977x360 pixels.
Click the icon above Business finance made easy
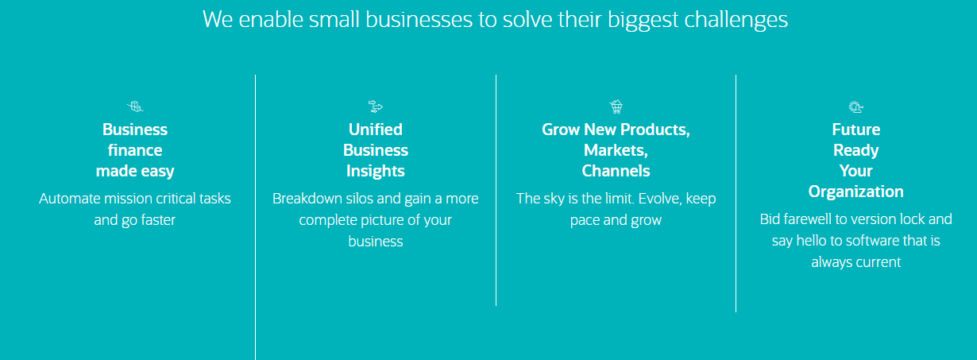click(x=135, y=106)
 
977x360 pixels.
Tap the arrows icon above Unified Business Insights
click(x=375, y=106)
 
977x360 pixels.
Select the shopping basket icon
click(x=616, y=106)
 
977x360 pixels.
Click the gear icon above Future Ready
click(x=855, y=107)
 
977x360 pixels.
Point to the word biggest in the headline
click(x=643, y=21)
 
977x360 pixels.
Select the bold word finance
click(x=135, y=150)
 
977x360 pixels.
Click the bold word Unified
click(x=375, y=130)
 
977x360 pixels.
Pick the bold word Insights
click(x=375, y=172)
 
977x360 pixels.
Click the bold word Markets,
click(x=616, y=150)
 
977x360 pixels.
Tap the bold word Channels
click(x=616, y=171)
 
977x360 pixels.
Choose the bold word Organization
click(x=855, y=192)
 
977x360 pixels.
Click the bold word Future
click(x=855, y=130)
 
